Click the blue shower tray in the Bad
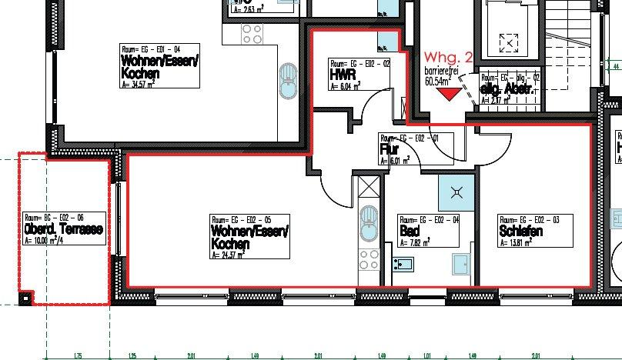(x=450, y=192)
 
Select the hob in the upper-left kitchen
(x=252, y=33)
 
